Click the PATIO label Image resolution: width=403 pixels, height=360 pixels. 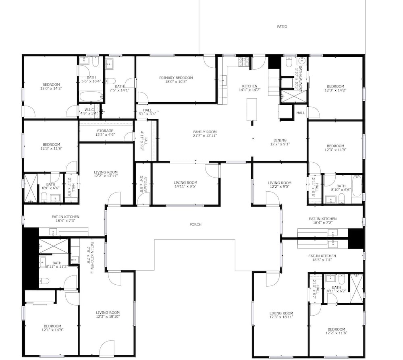tap(282, 27)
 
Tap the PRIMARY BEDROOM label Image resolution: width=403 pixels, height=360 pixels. tap(176, 78)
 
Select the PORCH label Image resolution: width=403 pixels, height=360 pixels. tap(195, 224)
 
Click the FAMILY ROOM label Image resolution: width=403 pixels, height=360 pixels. tap(205, 132)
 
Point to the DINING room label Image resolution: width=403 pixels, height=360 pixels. tap(280, 140)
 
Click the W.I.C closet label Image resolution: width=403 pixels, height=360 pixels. tap(89, 110)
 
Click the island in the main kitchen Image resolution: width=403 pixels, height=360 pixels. tap(252, 110)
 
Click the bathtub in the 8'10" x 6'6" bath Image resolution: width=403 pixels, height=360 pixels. tap(357, 185)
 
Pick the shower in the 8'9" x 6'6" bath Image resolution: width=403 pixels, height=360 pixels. tap(30, 188)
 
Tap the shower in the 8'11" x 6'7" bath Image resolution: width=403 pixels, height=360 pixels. tap(357, 289)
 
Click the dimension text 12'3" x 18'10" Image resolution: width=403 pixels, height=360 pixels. tap(108, 317)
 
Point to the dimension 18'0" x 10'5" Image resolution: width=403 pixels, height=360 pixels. tap(176, 82)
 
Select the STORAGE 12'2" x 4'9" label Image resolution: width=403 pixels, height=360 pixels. tap(105, 132)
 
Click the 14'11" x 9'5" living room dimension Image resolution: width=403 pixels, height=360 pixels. tap(185, 186)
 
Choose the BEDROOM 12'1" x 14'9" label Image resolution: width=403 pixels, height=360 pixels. tap(52, 328)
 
